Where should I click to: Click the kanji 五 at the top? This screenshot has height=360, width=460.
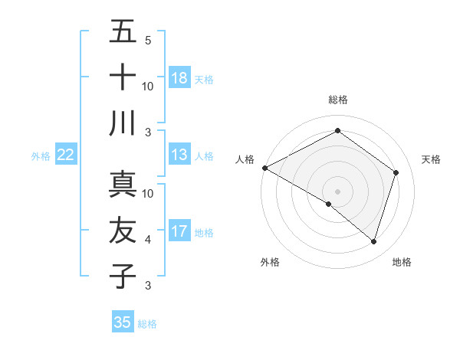click(x=123, y=32)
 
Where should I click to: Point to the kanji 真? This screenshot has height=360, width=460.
click(x=123, y=184)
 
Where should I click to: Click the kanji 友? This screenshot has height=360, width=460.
click(x=123, y=230)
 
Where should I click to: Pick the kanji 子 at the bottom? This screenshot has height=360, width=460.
click(x=123, y=275)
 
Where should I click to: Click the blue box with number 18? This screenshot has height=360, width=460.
click(x=179, y=78)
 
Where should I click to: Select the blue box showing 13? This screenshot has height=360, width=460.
click(x=179, y=155)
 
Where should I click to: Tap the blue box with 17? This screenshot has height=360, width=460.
click(x=179, y=231)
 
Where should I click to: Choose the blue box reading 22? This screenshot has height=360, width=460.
click(x=66, y=155)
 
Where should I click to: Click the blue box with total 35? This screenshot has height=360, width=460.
click(x=123, y=322)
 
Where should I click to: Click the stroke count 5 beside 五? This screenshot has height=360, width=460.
click(x=147, y=41)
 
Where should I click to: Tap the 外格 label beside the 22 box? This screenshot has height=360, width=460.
click(x=41, y=156)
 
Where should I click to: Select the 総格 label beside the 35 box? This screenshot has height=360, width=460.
click(x=147, y=324)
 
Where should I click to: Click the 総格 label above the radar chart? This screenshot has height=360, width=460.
click(x=337, y=100)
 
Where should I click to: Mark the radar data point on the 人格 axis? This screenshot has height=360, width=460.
click(x=264, y=168)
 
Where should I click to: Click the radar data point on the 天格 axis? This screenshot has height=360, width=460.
click(x=396, y=172)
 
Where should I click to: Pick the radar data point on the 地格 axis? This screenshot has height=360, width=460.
click(x=373, y=241)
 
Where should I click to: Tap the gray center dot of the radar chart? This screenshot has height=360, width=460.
click(x=337, y=191)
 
